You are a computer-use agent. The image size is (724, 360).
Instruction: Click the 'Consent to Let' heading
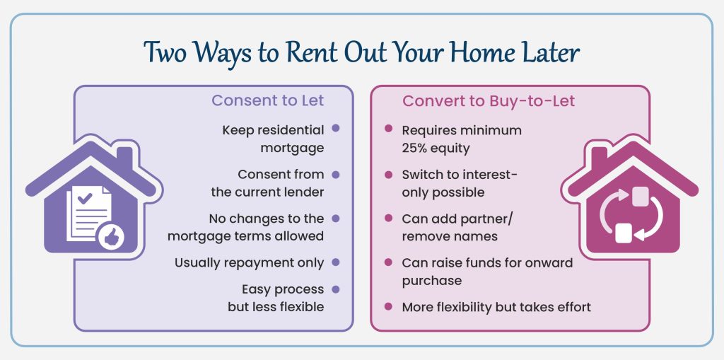point(267,100)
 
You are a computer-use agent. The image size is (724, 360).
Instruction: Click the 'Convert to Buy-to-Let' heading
point(489,100)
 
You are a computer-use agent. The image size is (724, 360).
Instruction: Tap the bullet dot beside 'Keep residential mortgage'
point(335,129)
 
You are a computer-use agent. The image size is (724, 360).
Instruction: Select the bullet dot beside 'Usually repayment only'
point(335,262)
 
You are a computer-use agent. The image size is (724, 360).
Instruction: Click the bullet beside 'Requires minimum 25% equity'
point(388,129)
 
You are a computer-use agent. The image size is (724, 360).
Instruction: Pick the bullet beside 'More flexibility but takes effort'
point(388,306)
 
